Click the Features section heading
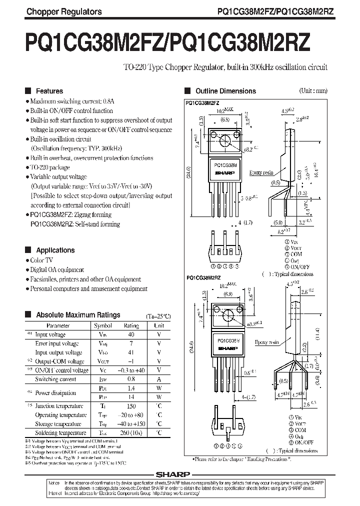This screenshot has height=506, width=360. pyautogui.click(x=49, y=91)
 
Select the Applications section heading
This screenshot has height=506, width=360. pyautogui.click(x=55, y=250)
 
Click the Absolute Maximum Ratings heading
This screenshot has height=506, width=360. pyautogui.click(x=78, y=315)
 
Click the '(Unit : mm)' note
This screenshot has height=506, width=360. pyautogui.click(x=313, y=90)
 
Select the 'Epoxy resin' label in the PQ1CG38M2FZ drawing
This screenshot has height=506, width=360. pyautogui.click(x=261, y=172)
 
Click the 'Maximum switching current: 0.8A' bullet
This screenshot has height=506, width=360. pyautogui.click(x=72, y=101)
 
